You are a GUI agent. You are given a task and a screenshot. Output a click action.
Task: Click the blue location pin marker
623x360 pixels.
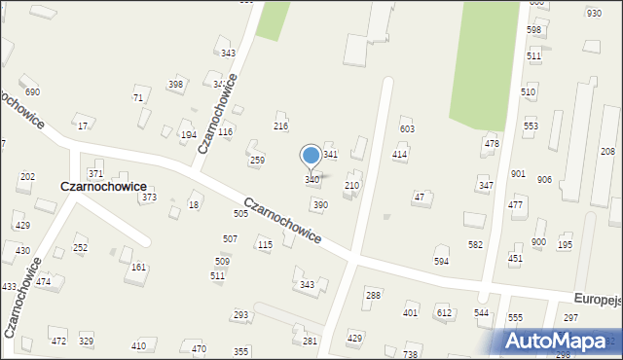[x=311, y=157]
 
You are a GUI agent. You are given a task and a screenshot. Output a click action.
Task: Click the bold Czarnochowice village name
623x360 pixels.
[x=103, y=186]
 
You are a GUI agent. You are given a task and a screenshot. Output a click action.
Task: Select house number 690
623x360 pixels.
[x=32, y=92]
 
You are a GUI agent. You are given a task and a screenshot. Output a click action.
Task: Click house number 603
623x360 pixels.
[x=408, y=129]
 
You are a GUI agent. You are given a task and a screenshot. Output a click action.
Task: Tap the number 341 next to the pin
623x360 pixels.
[x=331, y=155]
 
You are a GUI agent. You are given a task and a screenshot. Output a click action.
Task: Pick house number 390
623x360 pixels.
[x=320, y=205]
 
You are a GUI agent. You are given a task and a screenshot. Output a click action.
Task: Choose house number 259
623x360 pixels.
[x=258, y=160]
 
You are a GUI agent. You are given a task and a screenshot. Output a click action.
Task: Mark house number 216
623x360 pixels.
[x=280, y=126]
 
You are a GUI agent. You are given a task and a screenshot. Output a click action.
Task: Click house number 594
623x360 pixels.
[x=442, y=262]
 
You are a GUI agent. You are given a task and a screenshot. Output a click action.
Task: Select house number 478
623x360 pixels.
[x=492, y=144]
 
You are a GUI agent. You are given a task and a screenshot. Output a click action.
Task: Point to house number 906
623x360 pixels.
[x=544, y=180]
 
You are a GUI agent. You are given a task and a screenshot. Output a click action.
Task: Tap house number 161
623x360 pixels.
[x=139, y=268]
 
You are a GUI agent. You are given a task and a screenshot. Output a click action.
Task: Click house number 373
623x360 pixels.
[x=149, y=198]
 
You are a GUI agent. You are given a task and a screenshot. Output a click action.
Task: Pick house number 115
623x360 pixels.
[x=265, y=245]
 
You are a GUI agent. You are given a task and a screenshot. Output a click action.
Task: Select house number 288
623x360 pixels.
[x=373, y=295]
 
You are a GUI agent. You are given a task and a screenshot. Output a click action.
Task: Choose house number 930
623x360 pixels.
[x=594, y=13]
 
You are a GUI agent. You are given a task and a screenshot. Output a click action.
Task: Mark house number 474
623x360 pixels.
[x=43, y=281]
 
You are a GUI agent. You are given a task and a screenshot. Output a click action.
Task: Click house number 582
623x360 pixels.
[x=475, y=245]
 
